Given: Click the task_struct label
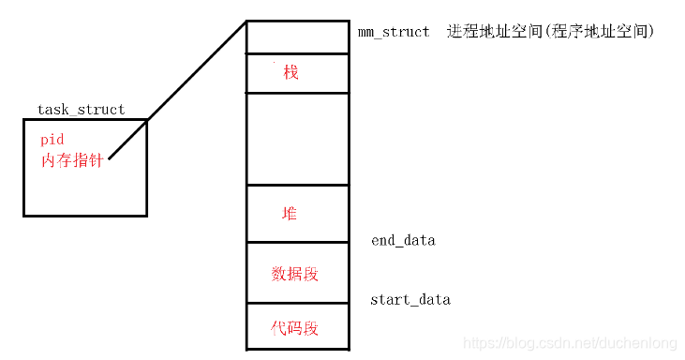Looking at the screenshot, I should click(x=81, y=110).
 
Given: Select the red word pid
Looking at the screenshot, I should click(x=52, y=139).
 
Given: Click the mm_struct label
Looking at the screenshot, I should click(x=394, y=32).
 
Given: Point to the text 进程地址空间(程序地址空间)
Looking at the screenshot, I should click(x=550, y=32).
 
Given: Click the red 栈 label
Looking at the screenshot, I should click(x=291, y=72).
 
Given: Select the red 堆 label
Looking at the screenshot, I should click(x=290, y=213).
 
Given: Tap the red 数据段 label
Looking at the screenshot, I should click(x=295, y=273).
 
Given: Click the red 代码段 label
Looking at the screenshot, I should click(x=295, y=328).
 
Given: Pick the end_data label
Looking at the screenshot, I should click(x=403, y=241).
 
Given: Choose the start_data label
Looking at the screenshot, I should click(x=410, y=300).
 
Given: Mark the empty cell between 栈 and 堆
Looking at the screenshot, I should click(x=297, y=139).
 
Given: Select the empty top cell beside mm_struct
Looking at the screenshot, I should click(x=297, y=37).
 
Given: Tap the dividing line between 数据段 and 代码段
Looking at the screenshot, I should click(x=297, y=302).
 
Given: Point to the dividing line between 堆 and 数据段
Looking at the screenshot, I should click(x=297, y=242).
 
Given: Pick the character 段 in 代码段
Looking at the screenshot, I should click(x=311, y=328).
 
